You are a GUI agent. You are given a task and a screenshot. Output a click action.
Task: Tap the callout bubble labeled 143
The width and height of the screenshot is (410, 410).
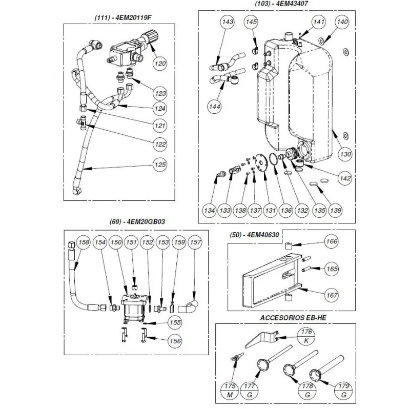click(x=228, y=22)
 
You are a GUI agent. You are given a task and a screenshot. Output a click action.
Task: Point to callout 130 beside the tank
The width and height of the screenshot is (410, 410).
click(x=346, y=153)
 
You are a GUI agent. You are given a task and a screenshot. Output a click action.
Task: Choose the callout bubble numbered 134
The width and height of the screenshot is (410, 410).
click(x=209, y=210)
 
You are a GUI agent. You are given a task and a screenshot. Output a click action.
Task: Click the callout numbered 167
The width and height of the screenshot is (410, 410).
click(x=332, y=295)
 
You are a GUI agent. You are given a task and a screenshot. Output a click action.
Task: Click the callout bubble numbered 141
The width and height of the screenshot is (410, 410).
click(x=319, y=22)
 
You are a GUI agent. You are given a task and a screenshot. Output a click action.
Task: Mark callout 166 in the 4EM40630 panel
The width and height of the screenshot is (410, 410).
click(x=332, y=241)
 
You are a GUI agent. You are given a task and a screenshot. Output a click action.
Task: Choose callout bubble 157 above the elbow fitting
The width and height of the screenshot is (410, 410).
click(x=195, y=242)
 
